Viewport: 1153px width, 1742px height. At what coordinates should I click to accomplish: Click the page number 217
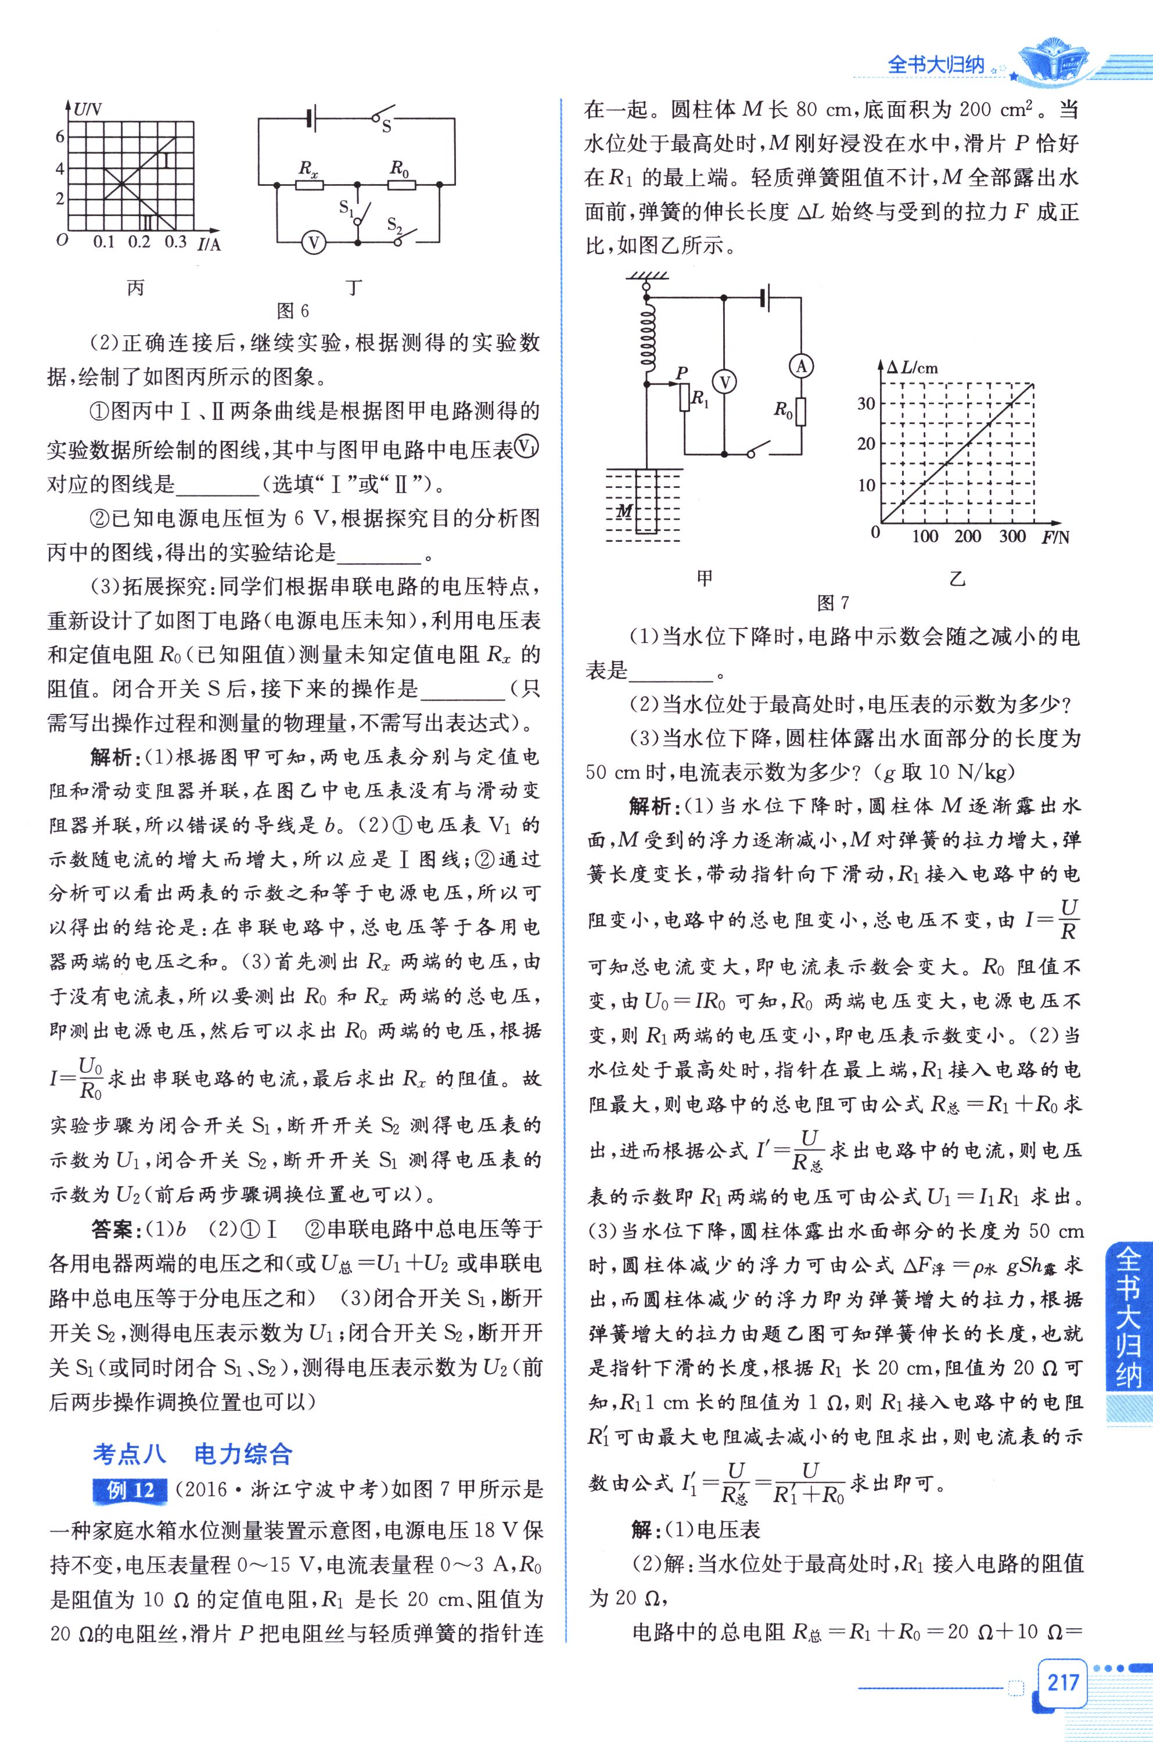pyautogui.click(x=1062, y=1681)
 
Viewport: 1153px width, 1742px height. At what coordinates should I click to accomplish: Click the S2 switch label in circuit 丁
pyautogui.click(x=395, y=224)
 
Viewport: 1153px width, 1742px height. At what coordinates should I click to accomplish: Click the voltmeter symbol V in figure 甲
pyautogui.click(x=725, y=382)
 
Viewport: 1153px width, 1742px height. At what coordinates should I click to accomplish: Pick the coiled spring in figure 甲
pyautogui.click(x=647, y=338)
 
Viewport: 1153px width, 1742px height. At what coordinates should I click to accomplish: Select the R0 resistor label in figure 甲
pyautogui.click(x=782, y=410)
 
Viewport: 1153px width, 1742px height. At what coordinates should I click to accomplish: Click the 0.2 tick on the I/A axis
pyautogui.click(x=139, y=242)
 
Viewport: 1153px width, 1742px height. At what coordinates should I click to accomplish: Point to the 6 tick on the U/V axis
pyautogui.click(x=60, y=137)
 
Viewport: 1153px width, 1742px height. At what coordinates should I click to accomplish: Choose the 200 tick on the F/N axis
pyautogui.click(x=968, y=536)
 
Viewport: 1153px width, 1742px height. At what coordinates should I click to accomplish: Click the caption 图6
pyautogui.click(x=293, y=311)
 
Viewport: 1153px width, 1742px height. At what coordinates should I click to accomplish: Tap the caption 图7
pyautogui.click(x=833, y=603)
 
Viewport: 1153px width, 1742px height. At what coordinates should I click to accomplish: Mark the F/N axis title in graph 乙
pyautogui.click(x=1054, y=537)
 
